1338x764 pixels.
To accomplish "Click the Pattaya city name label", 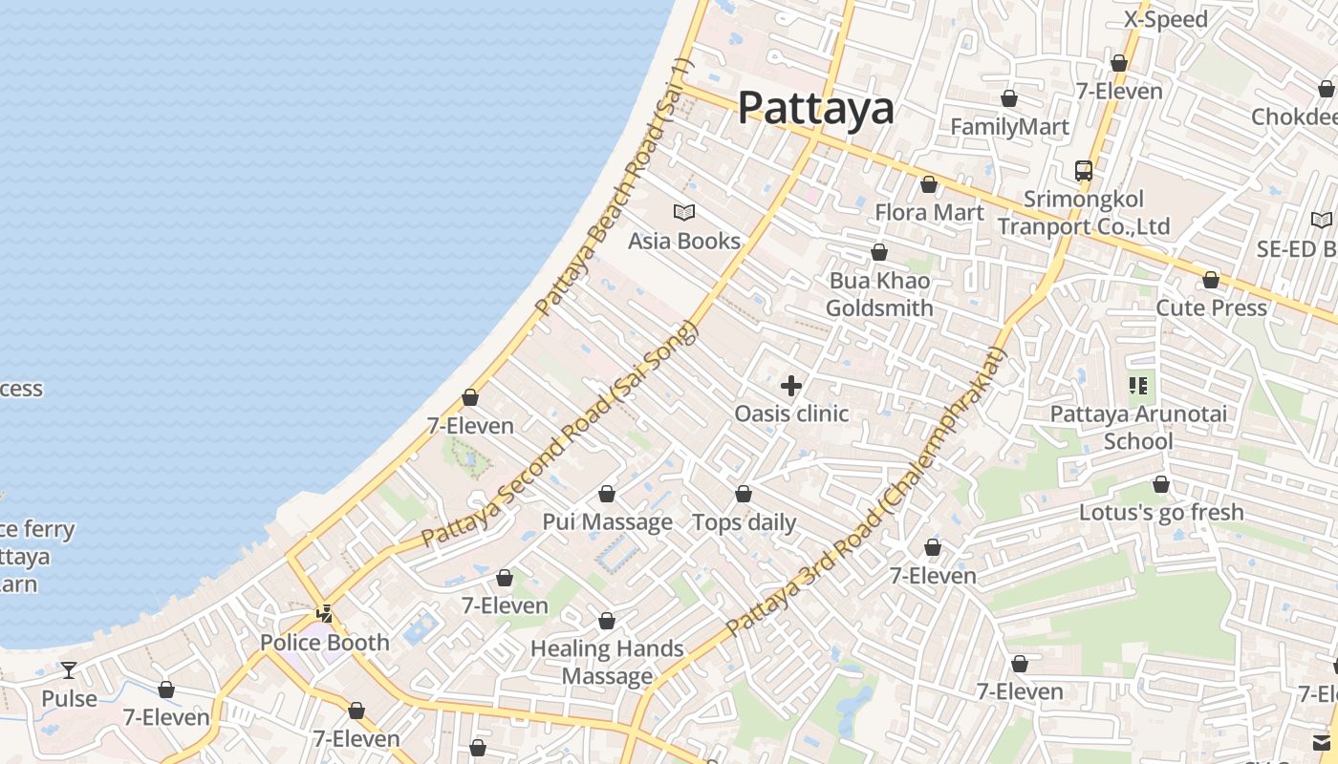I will coord(816,109).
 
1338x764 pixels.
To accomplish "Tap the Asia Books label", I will coord(684,241).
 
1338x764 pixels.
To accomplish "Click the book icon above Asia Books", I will coord(684,212).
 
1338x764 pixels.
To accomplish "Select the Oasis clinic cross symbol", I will coord(791,386).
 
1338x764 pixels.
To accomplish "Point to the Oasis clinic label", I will coord(791,414).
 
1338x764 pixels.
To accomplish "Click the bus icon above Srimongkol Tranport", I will coord(1084,171).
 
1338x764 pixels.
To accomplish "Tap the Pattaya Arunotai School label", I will coord(1138,428).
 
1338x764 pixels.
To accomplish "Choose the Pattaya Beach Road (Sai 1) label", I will coord(614,187).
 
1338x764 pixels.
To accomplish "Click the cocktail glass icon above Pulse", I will coord(69,669).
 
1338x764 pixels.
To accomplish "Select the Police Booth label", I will coord(325,643).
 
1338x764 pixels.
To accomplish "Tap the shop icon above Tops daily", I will coord(744,494).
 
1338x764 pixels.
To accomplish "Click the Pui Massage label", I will coord(608,522).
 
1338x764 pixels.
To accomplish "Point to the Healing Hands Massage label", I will coord(607,663).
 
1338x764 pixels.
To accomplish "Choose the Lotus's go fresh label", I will coord(1161,513).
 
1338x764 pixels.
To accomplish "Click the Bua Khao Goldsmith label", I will coord(879,294).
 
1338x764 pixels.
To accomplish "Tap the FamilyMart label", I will coord(1009,127).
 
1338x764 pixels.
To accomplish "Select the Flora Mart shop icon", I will coord(929,184).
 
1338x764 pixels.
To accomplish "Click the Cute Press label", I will coord(1211,308).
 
